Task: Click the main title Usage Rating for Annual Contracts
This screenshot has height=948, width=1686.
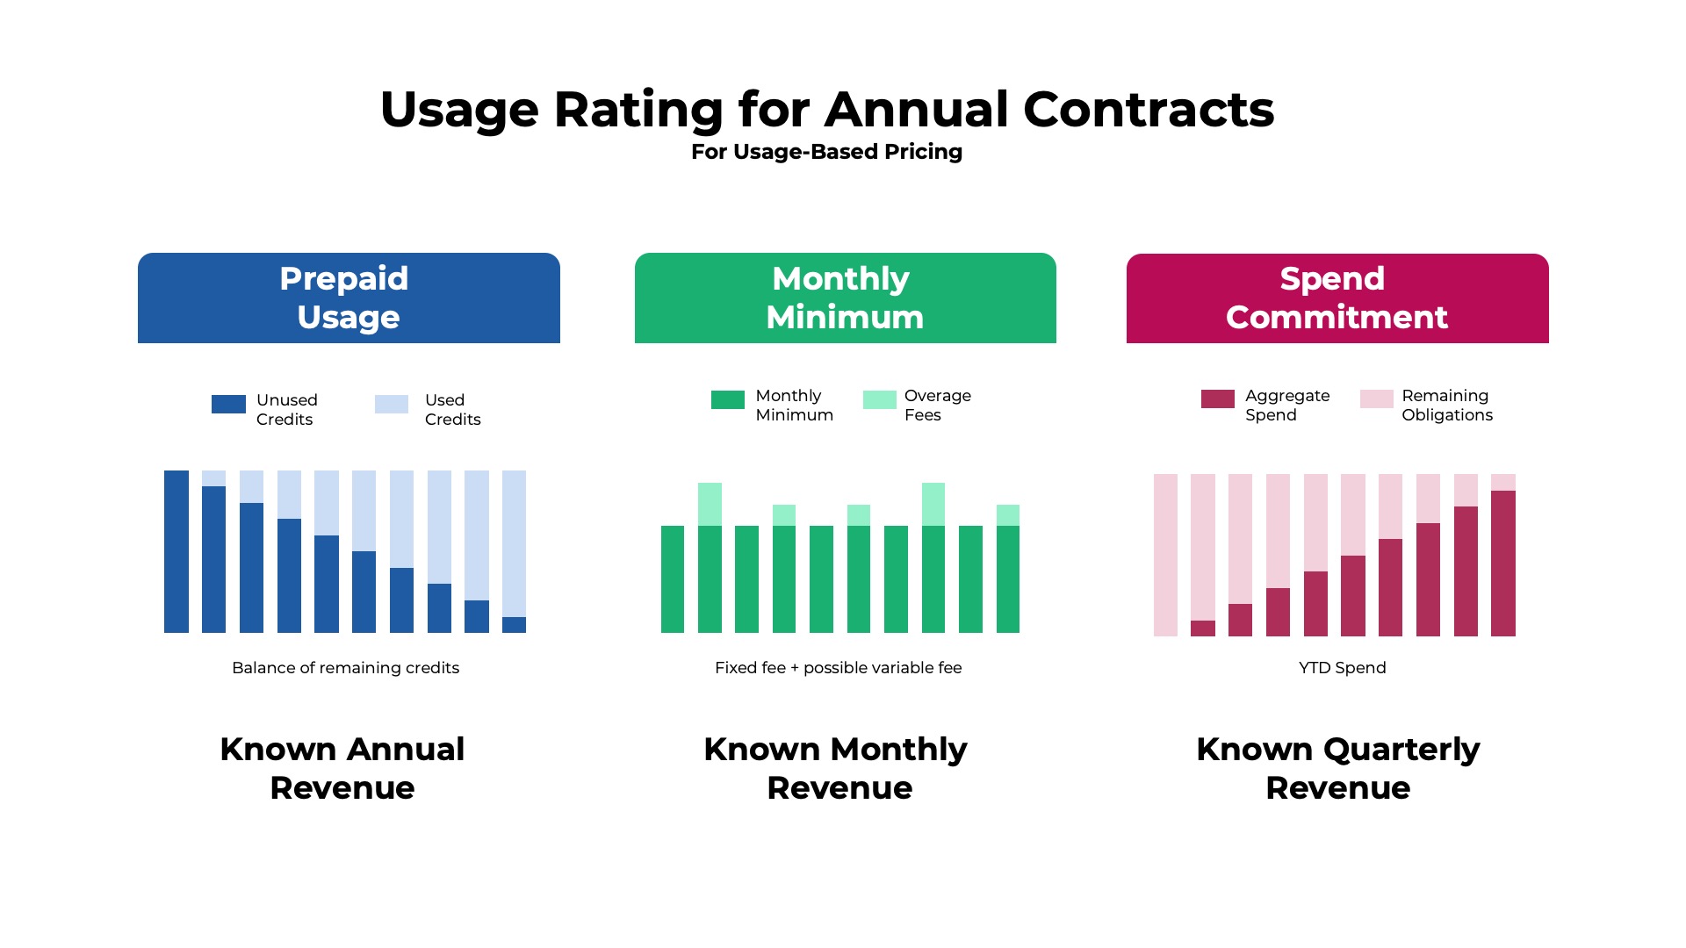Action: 826,110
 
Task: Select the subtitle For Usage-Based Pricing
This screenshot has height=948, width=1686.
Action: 826,152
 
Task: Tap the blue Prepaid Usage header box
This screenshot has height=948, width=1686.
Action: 349,298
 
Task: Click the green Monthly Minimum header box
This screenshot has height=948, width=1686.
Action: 845,298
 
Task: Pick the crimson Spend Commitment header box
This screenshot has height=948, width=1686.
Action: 1337,298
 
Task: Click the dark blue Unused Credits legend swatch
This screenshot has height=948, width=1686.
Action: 228,404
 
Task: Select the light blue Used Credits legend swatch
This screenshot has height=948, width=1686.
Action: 392,404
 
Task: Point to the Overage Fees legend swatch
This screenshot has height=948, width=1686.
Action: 879,399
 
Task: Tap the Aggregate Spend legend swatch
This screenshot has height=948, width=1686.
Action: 1217,399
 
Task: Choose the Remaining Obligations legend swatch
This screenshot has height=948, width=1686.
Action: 1376,399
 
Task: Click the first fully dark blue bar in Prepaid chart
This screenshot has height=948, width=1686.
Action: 177,551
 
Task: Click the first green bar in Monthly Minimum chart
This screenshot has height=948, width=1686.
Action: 673,579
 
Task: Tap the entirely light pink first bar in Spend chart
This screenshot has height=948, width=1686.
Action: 1165,555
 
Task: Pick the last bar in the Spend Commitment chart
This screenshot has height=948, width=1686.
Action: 1503,562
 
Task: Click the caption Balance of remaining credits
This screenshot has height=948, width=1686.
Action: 345,668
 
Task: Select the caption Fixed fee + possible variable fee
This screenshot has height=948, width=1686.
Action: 838,668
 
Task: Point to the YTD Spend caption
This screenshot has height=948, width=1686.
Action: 1342,668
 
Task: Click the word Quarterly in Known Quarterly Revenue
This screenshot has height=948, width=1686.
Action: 1401,750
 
